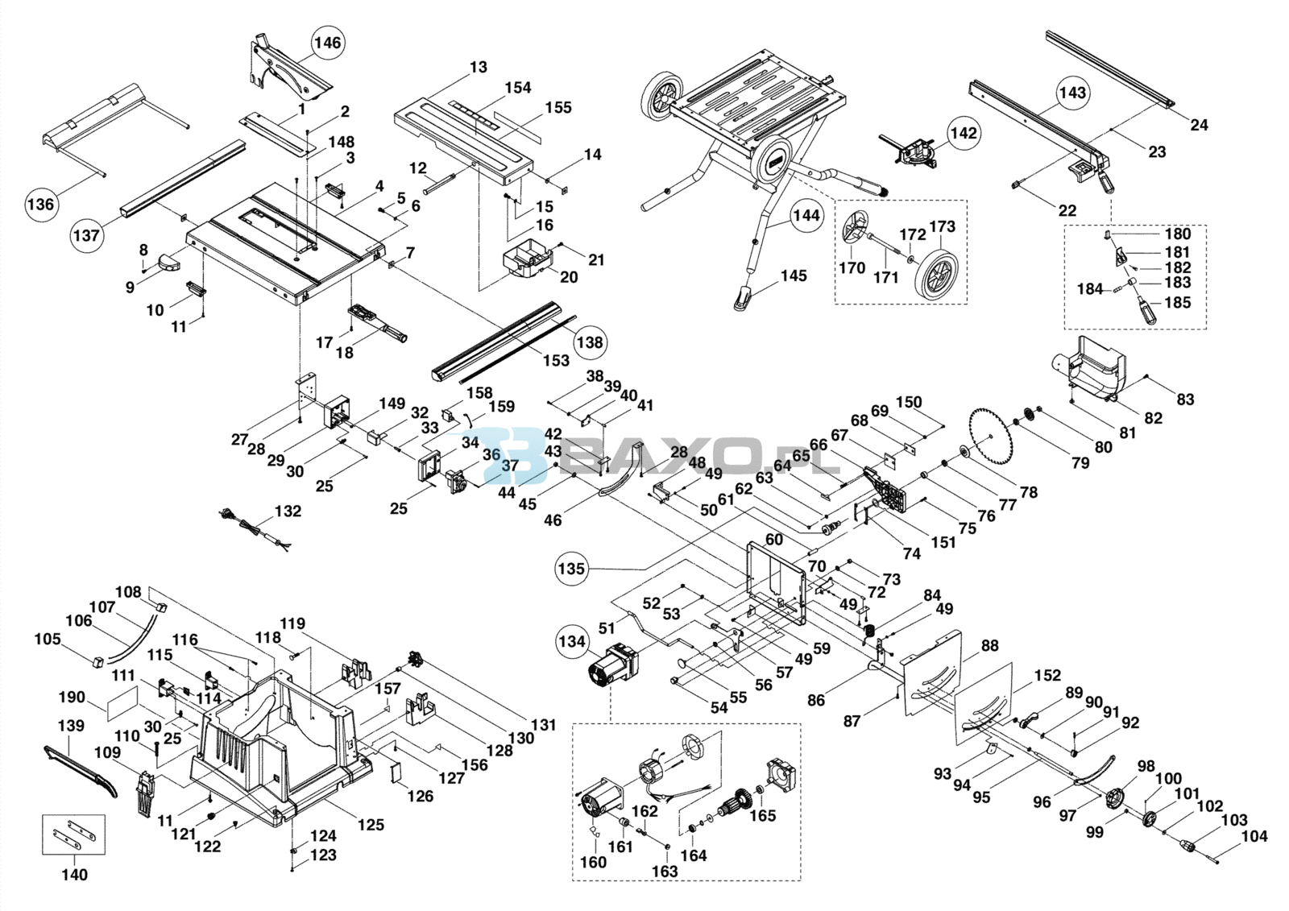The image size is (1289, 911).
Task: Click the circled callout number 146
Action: point(327,42)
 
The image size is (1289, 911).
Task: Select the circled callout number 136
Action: point(40,204)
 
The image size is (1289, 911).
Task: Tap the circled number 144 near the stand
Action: point(806,215)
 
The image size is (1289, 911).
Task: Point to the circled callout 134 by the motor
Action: point(571,641)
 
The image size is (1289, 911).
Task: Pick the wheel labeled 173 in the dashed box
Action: point(935,274)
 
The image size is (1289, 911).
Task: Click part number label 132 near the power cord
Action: point(288,511)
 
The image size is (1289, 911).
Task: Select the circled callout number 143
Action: point(1072,93)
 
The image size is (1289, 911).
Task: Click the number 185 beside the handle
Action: point(1177,303)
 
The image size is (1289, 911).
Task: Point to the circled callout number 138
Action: point(589,342)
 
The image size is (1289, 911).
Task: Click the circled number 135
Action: point(570,569)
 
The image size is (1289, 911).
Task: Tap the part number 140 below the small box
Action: point(74,875)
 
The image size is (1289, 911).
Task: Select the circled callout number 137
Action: point(86,234)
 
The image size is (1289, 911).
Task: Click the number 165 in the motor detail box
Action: point(762,815)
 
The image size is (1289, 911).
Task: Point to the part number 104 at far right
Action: point(1254,836)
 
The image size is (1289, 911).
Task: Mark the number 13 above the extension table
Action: point(479,67)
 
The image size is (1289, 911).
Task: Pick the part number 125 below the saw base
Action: point(371,825)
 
